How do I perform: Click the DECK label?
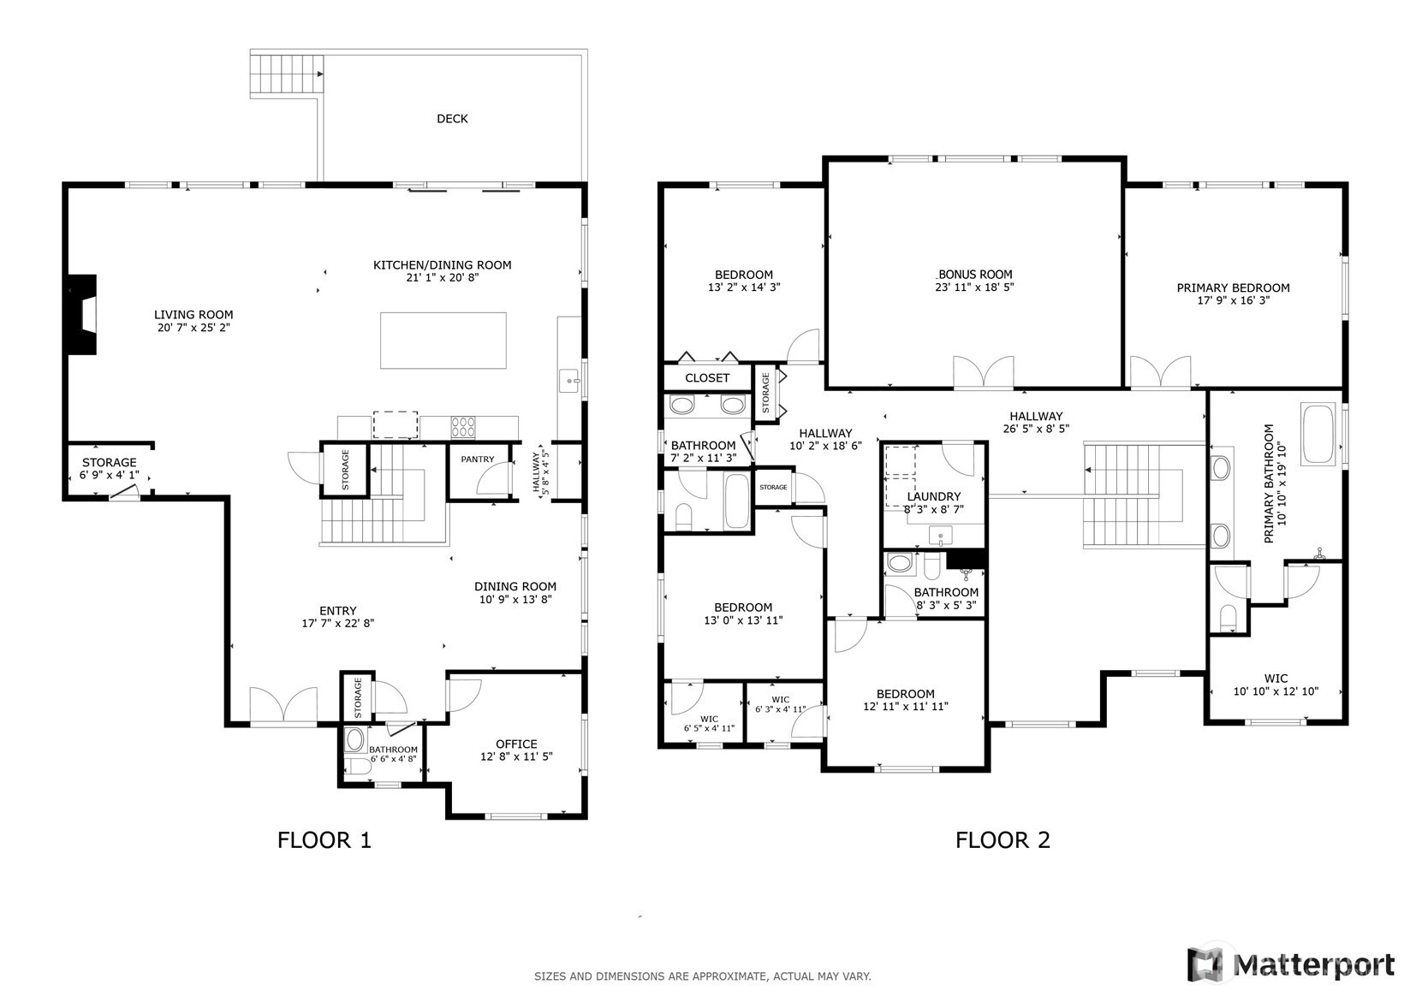[x=452, y=118]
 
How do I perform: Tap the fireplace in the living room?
[x=82, y=315]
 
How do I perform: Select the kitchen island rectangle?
[x=443, y=341]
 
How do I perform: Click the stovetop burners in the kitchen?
[x=462, y=427]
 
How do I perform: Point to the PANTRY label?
[x=478, y=459]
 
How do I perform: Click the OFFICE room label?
[x=516, y=744]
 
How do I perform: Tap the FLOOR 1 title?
[x=324, y=840]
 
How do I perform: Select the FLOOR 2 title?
[x=1002, y=840]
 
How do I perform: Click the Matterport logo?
[x=1291, y=964]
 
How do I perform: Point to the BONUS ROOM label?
[x=975, y=275]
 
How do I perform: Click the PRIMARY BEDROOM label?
[x=1233, y=288]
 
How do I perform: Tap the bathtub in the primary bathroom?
[x=1318, y=434]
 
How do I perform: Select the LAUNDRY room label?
[x=934, y=496]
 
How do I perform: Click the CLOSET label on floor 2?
[x=707, y=377]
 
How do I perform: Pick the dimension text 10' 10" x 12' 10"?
[x=1276, y=691]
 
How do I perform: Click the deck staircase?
[x=287, y=74]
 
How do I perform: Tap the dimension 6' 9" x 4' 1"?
[x=109, y=475]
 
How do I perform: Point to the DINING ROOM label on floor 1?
[x=515, y=586]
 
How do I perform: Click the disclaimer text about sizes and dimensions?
[x=703, y=976]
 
